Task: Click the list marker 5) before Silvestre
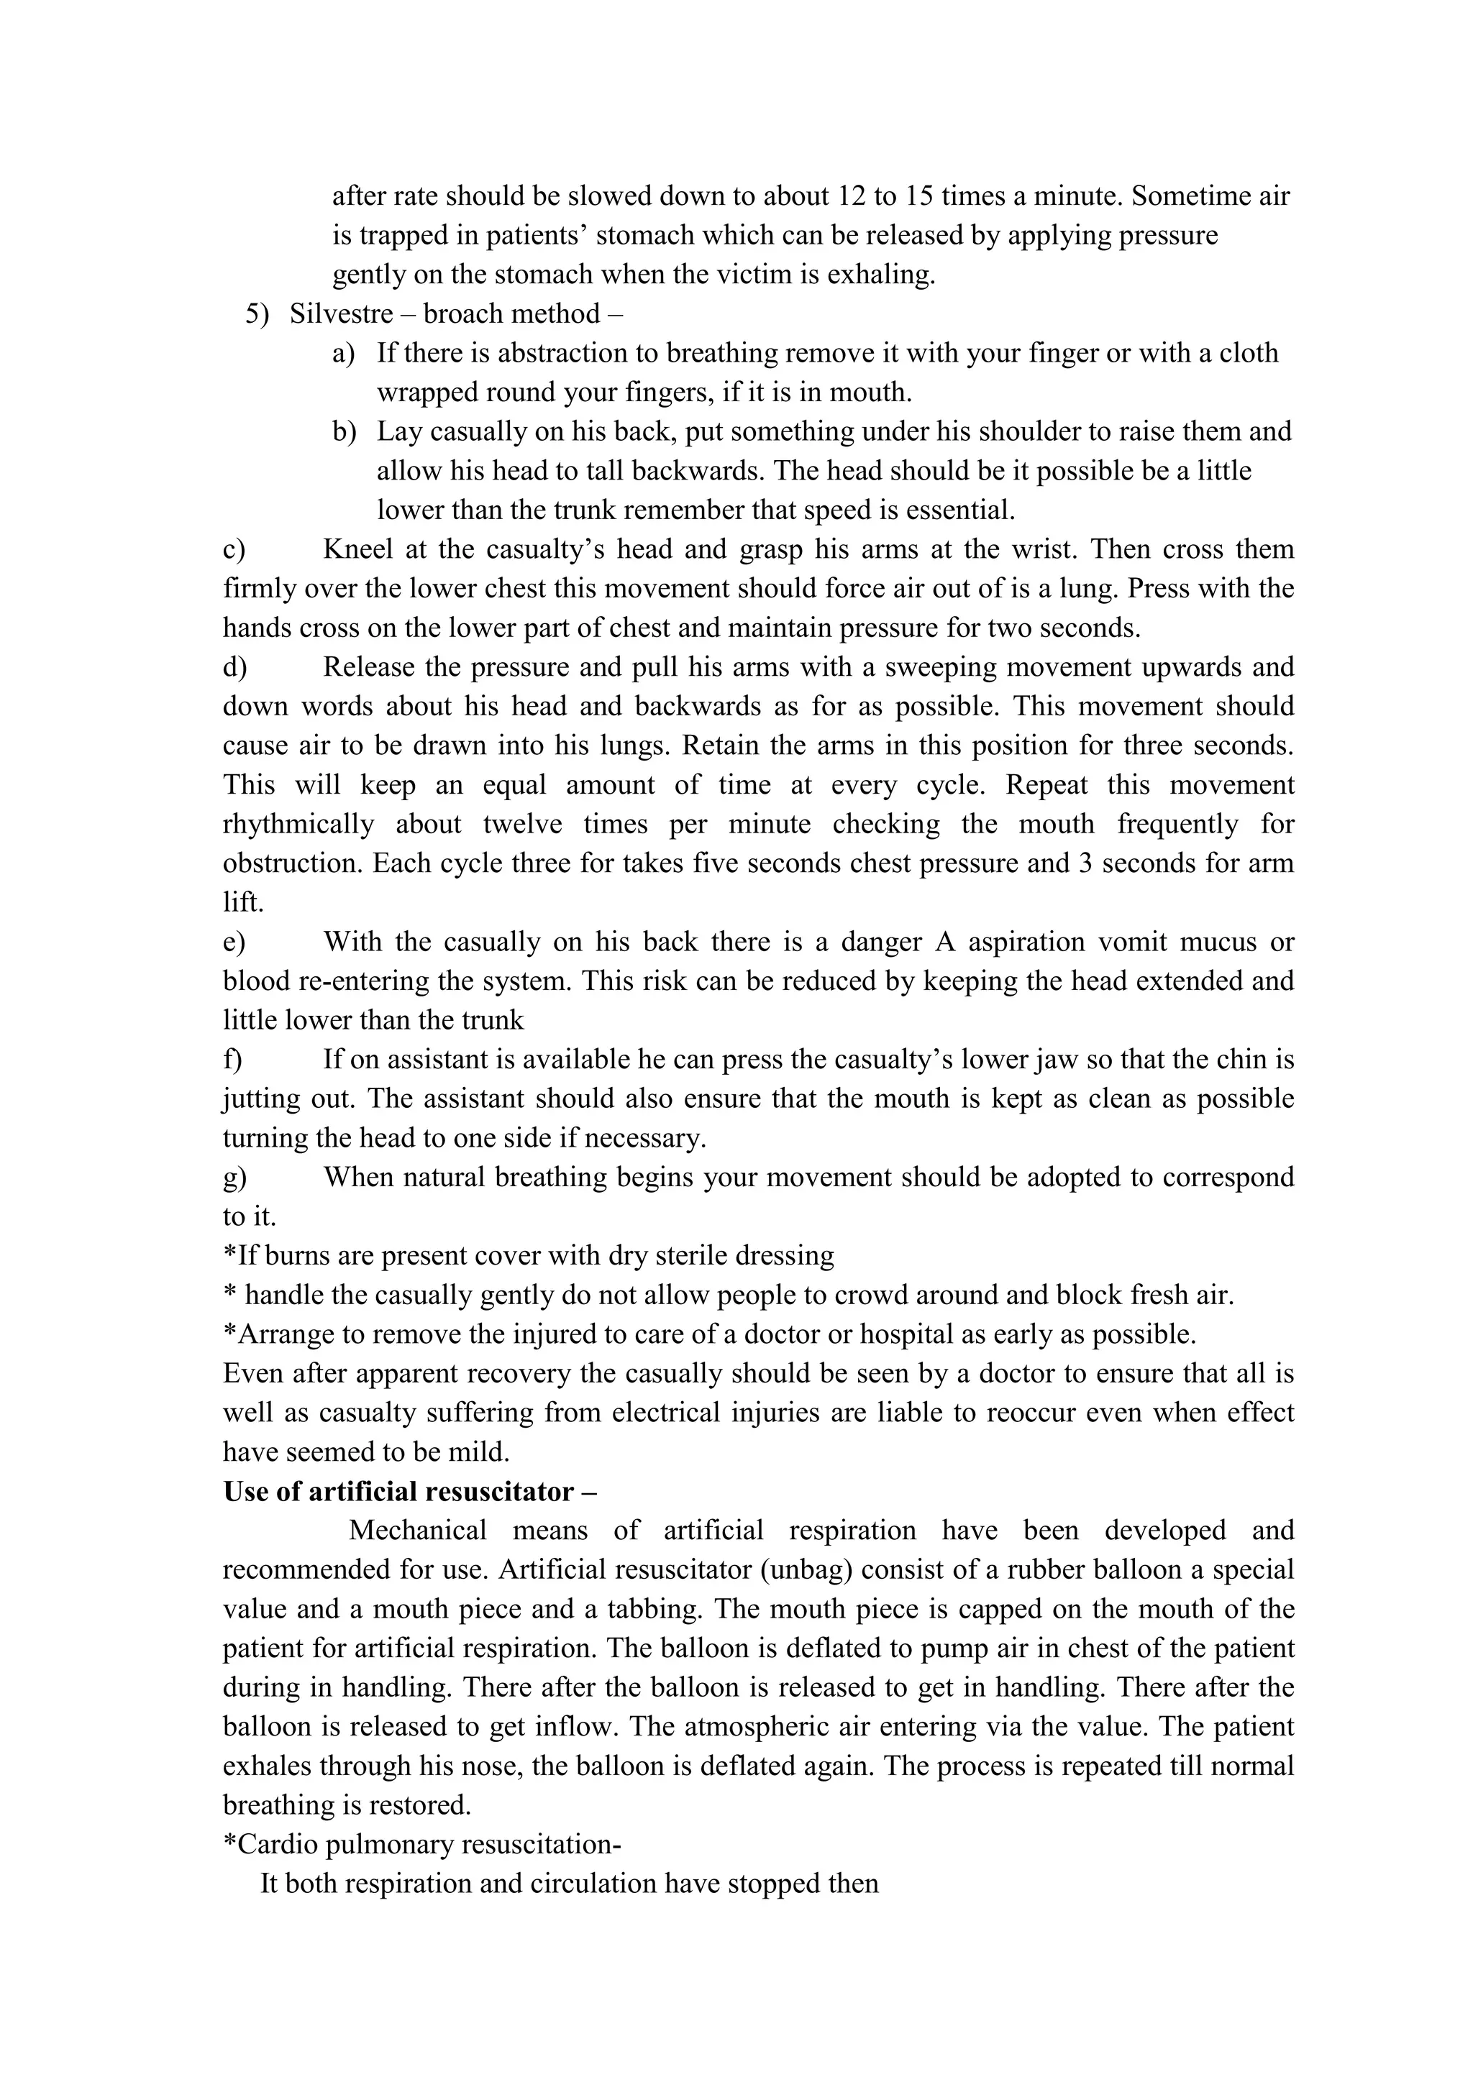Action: pyautogui.click(x=257, y=313)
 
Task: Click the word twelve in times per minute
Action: pyautogui.click(x=521, y=825)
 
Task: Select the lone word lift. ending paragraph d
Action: pyautogui.click(x=243, y=902)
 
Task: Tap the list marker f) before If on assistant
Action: pyautogui.click(x=232, y=1059)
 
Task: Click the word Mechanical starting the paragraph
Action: pyautogui.click(x=417, y=1531)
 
